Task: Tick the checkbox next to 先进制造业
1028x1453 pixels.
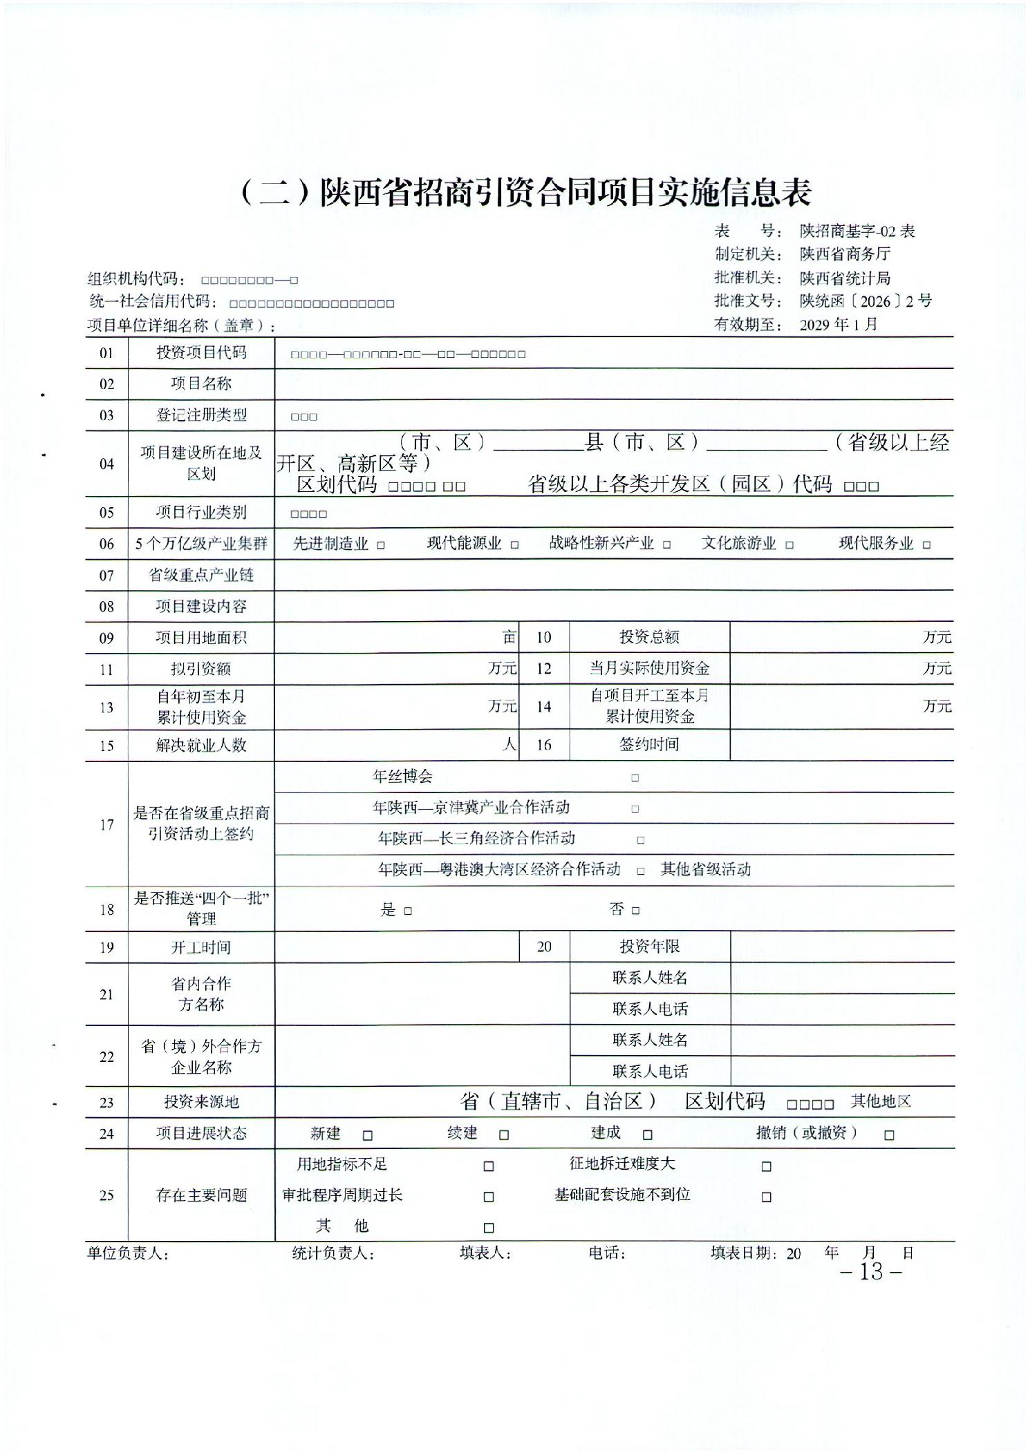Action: (x=381, y=545)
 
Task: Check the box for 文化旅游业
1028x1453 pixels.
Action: (x=789, y=545)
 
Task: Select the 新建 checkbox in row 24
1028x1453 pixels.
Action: (x=368, y=1135)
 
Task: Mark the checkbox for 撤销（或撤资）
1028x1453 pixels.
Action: (x=889, y=1135)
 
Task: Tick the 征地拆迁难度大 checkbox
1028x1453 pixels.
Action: (x=766, y=1166)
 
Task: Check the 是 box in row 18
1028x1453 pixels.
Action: (x=408, y=911)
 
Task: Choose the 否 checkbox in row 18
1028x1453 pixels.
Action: (x=635, y=911)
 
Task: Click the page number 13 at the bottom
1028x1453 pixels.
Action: (x=871, y=1271)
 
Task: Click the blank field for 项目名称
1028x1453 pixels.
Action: (x=613, y=384)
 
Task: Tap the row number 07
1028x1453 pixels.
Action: (x=106, y=576)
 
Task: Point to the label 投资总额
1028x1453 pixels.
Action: (x=649, y=637)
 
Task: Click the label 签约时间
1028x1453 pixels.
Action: (x=649, y=744)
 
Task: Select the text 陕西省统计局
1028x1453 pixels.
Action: (x=845, y=278)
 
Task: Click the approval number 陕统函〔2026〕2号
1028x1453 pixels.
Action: (x=866, y=301)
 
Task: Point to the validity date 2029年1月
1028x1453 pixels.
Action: (x=839, y=324)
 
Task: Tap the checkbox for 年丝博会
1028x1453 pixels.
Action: (x=635, y=778)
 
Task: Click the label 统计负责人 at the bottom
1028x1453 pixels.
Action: (x=333, y=1253)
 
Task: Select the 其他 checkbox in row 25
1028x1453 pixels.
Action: (x=489, y=1228)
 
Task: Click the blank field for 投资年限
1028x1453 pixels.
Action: (x=841, y=947)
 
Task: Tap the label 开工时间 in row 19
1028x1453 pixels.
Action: (x=201, y=947)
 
